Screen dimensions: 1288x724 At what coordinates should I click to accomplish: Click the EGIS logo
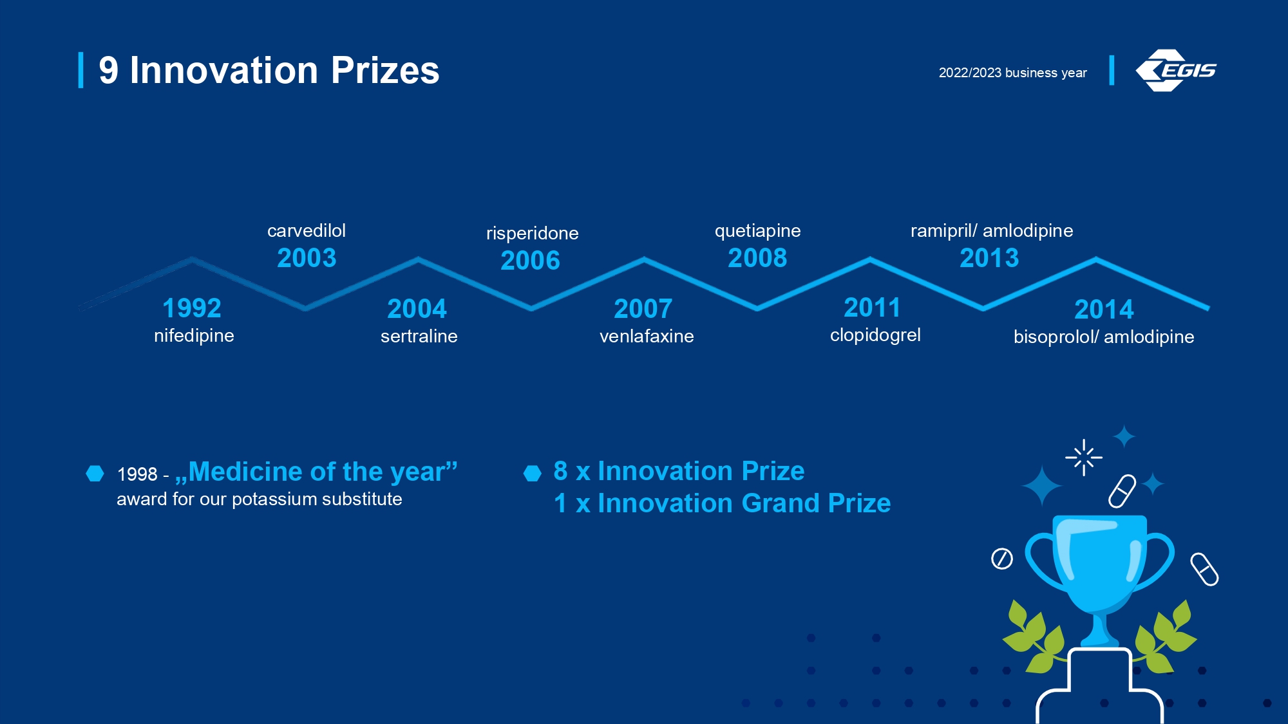[1176, 70]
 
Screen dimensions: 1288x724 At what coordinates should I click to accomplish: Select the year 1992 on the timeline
[192, 308]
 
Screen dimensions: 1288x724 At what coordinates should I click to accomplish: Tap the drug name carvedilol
[307, 230]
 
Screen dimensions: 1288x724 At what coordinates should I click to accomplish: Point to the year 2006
[531, 261]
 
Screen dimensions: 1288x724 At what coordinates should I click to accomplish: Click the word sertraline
[419, 336]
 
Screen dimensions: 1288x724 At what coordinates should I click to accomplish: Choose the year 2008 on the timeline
[757, 258]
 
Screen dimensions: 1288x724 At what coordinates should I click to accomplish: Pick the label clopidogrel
[875, 335]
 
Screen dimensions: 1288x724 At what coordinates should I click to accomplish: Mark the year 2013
[989, 258]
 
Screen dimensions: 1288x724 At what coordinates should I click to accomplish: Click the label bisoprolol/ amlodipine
[1104, 337]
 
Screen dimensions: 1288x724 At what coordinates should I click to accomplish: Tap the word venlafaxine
[647, 336]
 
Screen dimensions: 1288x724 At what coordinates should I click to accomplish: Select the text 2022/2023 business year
[1012, 73]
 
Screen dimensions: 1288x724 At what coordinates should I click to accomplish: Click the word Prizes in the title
[385, 70]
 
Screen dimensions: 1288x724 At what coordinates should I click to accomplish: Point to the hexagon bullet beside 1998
[95, 474]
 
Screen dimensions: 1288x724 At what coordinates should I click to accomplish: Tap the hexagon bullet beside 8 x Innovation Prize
[533, 474]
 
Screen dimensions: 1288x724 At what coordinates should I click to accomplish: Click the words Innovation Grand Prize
[744, 503]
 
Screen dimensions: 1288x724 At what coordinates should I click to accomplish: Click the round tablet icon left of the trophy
[1002, 559]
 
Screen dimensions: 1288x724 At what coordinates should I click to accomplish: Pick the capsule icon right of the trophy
[1204, 570]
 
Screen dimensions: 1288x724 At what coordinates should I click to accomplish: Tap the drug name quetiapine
[758, 231]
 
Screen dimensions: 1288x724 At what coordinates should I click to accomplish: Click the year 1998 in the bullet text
[137, 474]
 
